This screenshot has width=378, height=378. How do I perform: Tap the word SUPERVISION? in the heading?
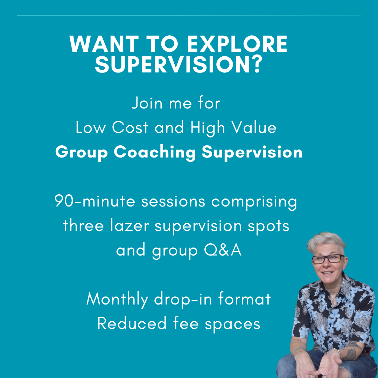[x=178, y=64]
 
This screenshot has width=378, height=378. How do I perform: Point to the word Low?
[x=91, y=128]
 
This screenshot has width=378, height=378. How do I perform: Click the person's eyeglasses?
[x=328, y=259]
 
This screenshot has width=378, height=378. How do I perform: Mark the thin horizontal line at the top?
[x=189, y=15]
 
